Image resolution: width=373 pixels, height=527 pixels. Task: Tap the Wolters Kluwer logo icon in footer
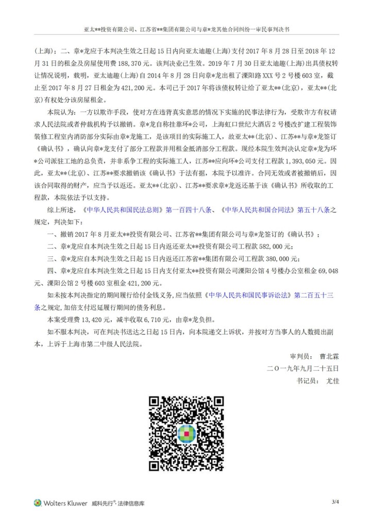(38, 503)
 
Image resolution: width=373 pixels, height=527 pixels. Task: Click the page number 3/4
(335, 502)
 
